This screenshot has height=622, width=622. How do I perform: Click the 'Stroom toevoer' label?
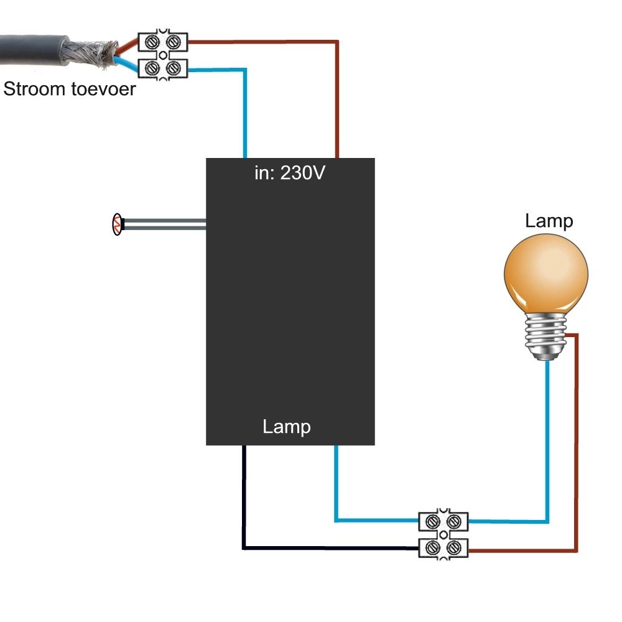(69, 90)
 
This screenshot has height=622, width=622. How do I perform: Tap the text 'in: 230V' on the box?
(289, 173)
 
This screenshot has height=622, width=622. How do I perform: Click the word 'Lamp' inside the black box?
(287, 427)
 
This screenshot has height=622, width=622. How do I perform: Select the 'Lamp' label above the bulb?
(549, 221)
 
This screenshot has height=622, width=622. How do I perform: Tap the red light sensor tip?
(116, 225)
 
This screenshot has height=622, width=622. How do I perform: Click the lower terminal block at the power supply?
(162, 68)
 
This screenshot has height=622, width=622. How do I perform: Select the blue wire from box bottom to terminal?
(336, 491)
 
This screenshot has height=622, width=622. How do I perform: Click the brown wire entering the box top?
(338, 100)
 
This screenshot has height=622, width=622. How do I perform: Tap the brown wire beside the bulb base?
(577, 435)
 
